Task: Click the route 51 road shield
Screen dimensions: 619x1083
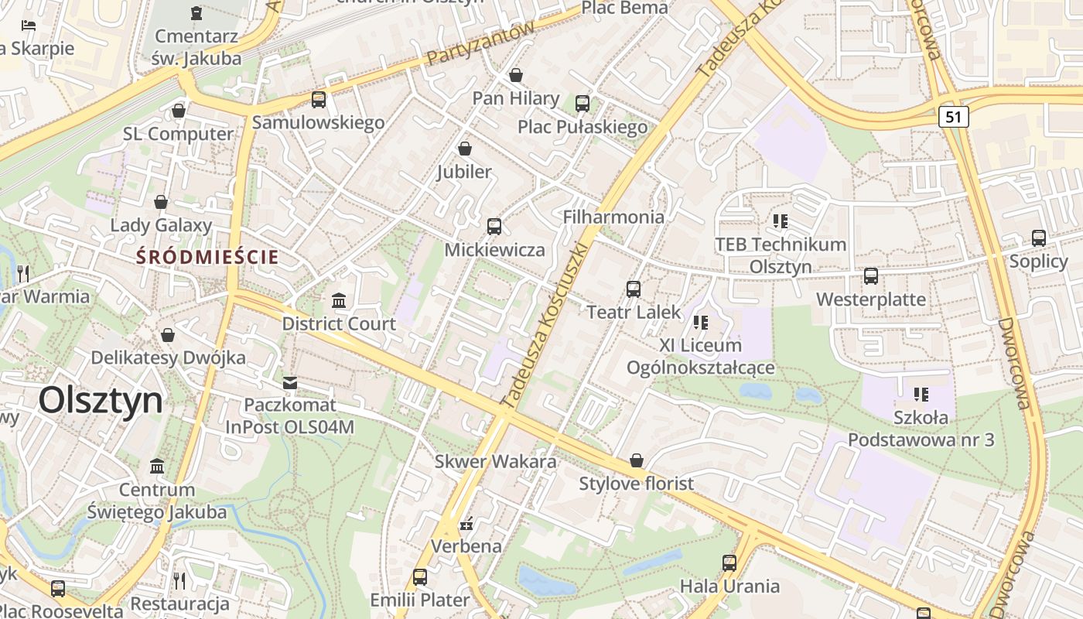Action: (x=955, y=117)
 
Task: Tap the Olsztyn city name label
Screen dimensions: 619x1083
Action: (x=101, y=401)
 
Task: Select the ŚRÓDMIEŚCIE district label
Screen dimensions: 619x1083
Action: (x=207, y=257)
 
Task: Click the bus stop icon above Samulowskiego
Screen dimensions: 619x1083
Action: (x=318, y=99)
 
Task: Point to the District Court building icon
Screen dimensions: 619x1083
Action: (x=339, y=300)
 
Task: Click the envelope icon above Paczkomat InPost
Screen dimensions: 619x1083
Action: (x=290, y=382)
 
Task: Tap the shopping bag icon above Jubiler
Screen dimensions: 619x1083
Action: (x=465, y=148)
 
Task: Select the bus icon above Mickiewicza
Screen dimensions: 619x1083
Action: (x=494, y=226)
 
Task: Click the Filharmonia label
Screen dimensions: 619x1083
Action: (x=613, y=217)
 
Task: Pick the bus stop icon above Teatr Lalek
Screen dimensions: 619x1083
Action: (x=634, y=289)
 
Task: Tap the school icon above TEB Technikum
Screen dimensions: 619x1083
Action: (x=780, y=221)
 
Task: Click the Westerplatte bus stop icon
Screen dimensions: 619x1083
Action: (x=871, y=275)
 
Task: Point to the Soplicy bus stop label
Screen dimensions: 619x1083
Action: (x=1038, y=262)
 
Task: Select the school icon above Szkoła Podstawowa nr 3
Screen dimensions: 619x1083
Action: (x=921, y=395)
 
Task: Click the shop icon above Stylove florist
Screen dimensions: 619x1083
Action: (x=637, y=461)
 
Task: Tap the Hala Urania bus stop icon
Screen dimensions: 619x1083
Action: (x=729, y=563)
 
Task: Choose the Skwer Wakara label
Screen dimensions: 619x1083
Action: (x=495, y=462)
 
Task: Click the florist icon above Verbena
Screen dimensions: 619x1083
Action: (x=466, y=525)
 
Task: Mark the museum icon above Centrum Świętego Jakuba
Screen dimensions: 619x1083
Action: (x=157, y=466)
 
